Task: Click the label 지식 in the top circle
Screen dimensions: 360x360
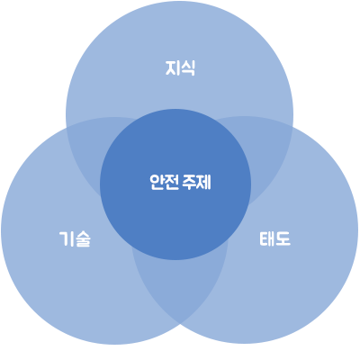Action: coord(180,68)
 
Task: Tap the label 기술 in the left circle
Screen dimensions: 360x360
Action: coord(75,239)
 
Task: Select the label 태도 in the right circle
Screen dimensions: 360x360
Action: coord(274,239)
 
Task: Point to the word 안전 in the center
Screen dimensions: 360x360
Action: coord(164,182)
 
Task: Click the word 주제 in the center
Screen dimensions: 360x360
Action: coord(197,182)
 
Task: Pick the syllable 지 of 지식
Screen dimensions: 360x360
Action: coord(173,68)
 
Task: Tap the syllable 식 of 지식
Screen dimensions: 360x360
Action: coord(188,68)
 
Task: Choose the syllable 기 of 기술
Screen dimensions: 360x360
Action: coord(67,239)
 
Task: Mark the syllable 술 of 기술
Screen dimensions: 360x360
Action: coord(83,239)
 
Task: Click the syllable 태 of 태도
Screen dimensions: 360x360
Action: coord(267,239)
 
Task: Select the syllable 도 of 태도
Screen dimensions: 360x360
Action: coord(283,239)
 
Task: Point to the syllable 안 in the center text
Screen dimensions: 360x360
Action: coord(157,182)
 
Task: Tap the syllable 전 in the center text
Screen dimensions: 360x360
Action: coord(172,182)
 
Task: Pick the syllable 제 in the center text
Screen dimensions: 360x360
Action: coord(204,182)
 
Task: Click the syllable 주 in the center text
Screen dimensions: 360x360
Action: coord(190,182)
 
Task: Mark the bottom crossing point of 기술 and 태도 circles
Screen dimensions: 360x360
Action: coord(180,324)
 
